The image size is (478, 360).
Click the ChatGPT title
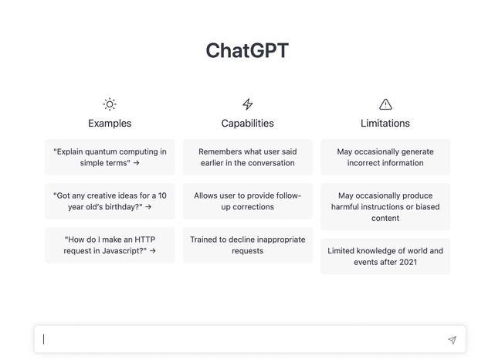pyautogui.click(x=247, y=50)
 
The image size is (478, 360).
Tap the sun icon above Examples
pyautogui.click(x=110, y=104)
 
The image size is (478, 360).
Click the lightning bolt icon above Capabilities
pyautogui.click(x=248, y=104)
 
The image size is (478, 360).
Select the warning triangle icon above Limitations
pyautogui.click(x=385, y=104)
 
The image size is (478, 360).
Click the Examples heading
pyautogui.click(x=110, y=124)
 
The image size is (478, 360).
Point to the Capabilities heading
pyautogui.click(x=248, y=124)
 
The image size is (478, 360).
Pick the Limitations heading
pyautogui.click(x=385, y=124)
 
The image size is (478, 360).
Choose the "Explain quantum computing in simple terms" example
pyautogui.click(x=110, y=157)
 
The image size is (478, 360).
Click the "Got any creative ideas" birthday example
pyautogui.click(x=110, y=201)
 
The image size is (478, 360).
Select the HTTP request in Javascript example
pyautogui.click(x=110, y=245)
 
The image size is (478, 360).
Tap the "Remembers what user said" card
pyautogui.click(x=248, y=157)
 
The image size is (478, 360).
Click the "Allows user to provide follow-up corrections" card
pyautogui.click(x=248, y=201)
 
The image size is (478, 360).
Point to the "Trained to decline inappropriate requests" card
pyautogui.click(x=248, y=245)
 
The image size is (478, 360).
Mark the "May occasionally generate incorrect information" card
pyautogui.click(x=385, y=157)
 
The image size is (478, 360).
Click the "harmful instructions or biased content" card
pyautogui.click(x=385, y=206)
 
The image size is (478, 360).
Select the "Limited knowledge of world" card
pyautogui.click(x=385, y=256)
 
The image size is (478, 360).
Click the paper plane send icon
pyautogui.click(x=452, y=340)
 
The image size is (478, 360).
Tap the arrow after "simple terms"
pyautogui.click(x=136, y=163)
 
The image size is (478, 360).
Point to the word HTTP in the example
pyautogui.click(x=145, y=239)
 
